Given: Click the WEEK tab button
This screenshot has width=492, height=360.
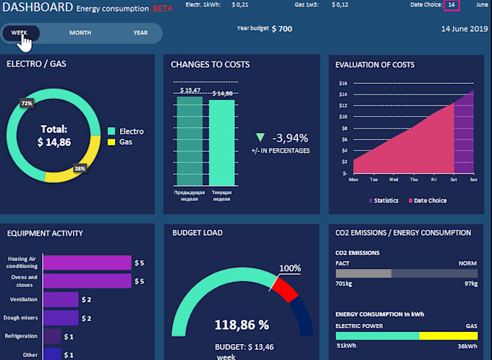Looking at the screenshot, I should coord(20,33).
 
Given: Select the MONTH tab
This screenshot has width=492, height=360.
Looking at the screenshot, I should coord(80,33).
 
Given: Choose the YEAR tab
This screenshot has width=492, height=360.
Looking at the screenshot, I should coord(140,33).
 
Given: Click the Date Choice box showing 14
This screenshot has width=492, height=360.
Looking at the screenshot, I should coord(451,4).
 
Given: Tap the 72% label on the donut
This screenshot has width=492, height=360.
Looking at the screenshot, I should coord(27,103).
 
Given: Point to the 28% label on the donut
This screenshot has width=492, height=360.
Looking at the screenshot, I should coord(80,168).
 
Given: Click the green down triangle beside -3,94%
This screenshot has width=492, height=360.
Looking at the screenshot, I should coord(260,137).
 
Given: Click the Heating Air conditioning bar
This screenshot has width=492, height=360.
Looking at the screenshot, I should coord(88,262).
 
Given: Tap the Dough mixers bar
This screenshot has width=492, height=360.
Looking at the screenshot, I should coord(61,317).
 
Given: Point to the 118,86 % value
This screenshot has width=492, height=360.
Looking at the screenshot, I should coord(242,325).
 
